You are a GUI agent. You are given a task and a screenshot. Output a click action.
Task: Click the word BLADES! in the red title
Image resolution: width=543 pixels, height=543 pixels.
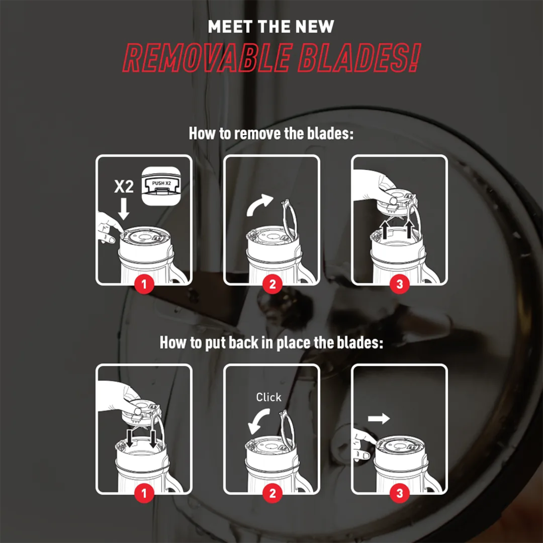[x=359, y=57]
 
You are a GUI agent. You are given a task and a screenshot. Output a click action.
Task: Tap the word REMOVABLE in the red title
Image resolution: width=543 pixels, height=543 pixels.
[x=207, y=57]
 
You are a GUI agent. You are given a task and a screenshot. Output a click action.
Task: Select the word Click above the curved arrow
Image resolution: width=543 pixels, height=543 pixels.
[x=268, y=397]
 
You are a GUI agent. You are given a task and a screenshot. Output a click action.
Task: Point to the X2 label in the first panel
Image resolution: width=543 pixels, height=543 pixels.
[x=124, y=187]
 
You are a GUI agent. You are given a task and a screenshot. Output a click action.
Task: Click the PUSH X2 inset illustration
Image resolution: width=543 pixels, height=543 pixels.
[x=161, y=187]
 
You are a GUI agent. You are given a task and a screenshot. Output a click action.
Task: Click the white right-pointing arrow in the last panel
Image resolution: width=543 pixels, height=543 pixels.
[x=379, y=418]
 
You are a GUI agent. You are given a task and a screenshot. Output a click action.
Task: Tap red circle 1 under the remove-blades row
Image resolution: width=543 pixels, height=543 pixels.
[x=144, y=284]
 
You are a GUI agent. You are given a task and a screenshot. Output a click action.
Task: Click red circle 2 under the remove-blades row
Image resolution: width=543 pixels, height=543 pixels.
[x=272, y=284]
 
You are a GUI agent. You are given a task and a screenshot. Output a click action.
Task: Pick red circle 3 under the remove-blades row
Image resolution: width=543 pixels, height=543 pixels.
[x=400, y=284]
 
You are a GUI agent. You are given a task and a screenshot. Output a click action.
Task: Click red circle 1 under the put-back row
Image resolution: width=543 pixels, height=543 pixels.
[x=144, y=493]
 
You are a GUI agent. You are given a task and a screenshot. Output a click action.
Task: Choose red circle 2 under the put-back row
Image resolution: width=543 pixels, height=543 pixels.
[x=272, y=493]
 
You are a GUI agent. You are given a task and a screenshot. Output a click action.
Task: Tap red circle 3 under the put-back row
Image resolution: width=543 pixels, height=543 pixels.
[x=400, y=493]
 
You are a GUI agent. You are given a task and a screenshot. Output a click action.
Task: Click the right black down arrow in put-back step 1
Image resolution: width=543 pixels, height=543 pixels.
[x=153, y=439]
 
